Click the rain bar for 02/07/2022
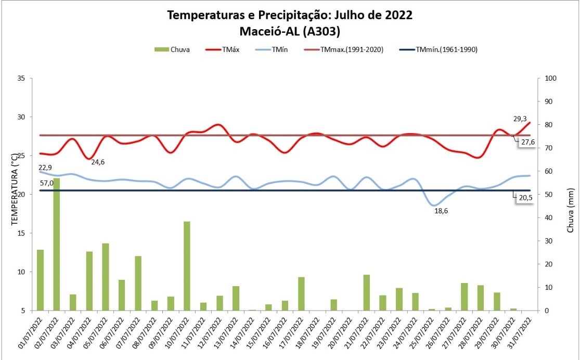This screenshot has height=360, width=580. point(57,244)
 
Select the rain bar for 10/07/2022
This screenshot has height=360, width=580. point(187,266)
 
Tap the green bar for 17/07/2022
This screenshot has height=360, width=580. point(301,293)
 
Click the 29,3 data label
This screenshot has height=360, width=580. point(520,119)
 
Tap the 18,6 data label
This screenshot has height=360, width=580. point(442,211)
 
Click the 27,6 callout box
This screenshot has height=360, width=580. point(526,142)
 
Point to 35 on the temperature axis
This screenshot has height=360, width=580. point(21,79)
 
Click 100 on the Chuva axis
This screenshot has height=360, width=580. point(550,79)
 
